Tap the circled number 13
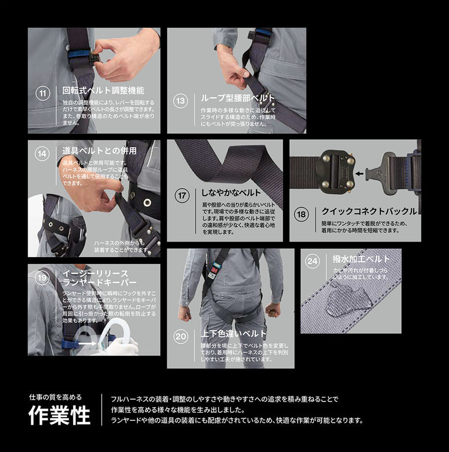click(x=181, y=101)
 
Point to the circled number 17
click(x=182, y=196)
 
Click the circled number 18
click(x=301, y=214)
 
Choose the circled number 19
click(x=42, y=277)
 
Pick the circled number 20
click(x=181, y=337)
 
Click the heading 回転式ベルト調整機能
click(x=103, y=90)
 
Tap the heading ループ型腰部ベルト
click(x=238, y=98)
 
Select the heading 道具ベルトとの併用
click(x=99, y=150)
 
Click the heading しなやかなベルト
click(x=231, y=193)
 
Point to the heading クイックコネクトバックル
click(x=369, y=211)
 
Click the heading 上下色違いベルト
click(x=233, y=334)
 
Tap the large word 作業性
click(x=59, y=416)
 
